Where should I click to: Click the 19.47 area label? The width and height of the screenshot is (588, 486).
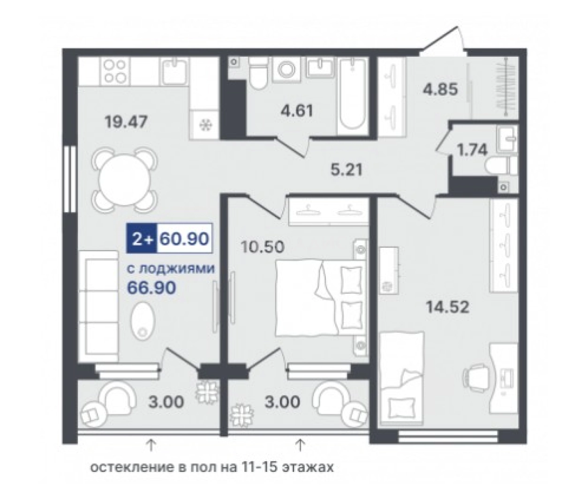[126, 122]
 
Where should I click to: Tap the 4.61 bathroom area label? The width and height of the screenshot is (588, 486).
[297, 110]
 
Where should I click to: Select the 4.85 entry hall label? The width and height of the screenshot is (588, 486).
[440, 90]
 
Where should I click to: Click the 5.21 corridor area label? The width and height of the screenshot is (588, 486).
[347, 170]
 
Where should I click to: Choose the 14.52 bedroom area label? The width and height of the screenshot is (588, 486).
[447, 307]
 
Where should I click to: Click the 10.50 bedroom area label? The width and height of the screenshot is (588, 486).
[263, 247]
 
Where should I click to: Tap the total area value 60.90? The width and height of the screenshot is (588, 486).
[184, 239]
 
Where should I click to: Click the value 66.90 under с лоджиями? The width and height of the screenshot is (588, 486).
[151, 288]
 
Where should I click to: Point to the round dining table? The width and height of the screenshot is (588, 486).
[124, 180]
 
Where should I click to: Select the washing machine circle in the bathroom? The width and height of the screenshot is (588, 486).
[287, 69]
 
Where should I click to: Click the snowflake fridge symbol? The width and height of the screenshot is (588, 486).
[205, 125]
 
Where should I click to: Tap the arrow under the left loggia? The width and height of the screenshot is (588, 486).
[151, 446]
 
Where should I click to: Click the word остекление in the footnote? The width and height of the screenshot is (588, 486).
[132, 468]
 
